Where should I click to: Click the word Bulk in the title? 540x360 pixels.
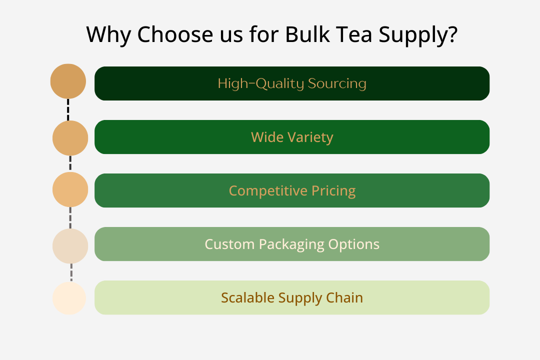click(x=307, y=34)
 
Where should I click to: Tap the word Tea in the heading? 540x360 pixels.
click(x=354, y=34)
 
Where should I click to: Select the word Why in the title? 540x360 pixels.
click(x=108, y=35)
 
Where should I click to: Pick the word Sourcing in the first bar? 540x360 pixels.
click(x=337, y=83)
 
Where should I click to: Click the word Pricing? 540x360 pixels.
click(x=333, y=191)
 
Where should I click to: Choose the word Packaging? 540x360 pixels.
click(x=291, y=244)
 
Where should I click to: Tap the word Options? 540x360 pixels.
click(x=353, y=244)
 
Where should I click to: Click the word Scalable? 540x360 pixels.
click(x=248, y=297)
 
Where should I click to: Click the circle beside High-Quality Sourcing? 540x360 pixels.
click(x=68, y=81)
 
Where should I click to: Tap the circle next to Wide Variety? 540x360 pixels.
click(x=70, y=138)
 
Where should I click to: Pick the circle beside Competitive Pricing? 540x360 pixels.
click(x=70, y=189)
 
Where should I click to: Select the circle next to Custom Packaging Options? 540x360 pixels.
click(x=70, y=246)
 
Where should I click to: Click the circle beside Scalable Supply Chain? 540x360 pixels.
click(x=69, y=298)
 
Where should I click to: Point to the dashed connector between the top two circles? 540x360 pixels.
click(x=68, y=110)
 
